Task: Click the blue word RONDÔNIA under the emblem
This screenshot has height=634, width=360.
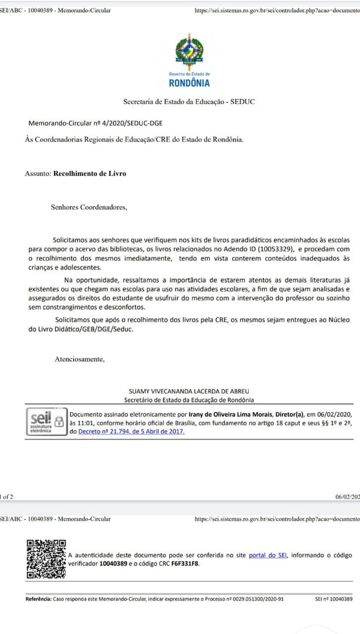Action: click(189, 83)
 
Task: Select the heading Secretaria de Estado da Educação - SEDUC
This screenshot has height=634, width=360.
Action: click(189, 102)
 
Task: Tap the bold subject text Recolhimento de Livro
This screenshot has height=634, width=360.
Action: click(89, 173)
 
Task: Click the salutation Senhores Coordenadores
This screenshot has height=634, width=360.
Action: click(89, 207)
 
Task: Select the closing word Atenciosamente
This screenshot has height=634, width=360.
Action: click(79, 359)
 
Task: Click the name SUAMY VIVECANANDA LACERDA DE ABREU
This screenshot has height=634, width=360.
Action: click(189, 391)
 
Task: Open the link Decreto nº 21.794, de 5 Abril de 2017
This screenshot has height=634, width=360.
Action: click(131, 431)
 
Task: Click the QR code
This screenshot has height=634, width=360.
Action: click(46, 559)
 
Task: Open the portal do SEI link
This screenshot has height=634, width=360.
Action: click(268, 555)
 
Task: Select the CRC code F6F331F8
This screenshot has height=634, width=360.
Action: click(185, 564)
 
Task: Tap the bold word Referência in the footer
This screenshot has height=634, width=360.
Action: click(38, 599)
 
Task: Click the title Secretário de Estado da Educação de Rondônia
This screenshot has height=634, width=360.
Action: click(189, 400)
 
